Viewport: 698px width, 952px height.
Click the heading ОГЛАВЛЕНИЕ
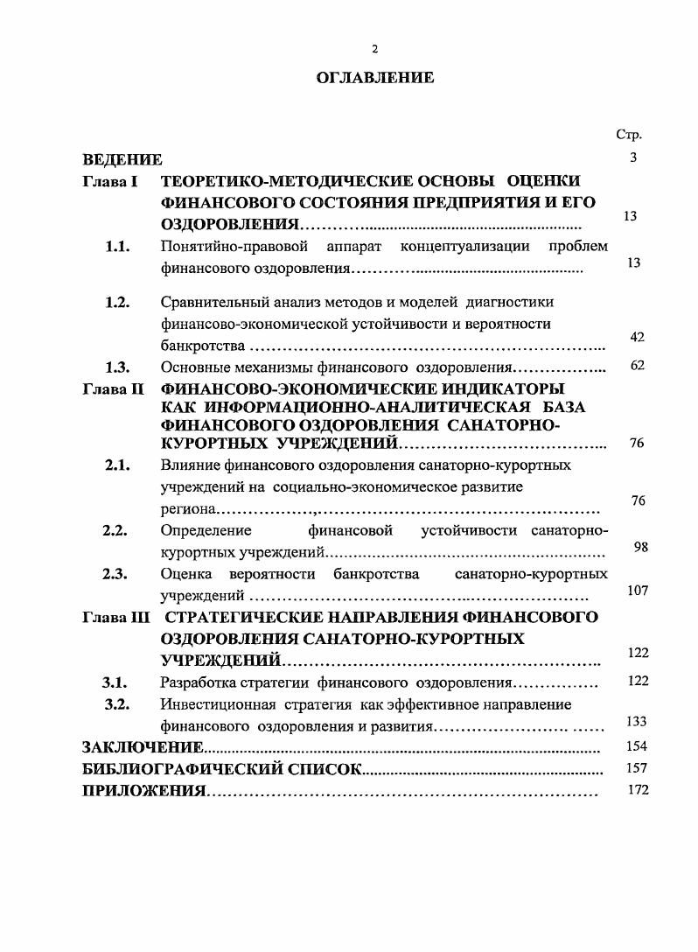pyautogui.click(x=374, y=78)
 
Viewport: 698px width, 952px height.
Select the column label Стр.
pyautogui.click(x=629, y=135)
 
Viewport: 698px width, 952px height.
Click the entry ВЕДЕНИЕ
pyautogui.click(x=122, y=159)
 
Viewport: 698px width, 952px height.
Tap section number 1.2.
pyautogui.click(x=116, y=303)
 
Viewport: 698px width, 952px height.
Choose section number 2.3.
pyautogui.click(x=116, y=574)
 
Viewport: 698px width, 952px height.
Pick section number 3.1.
pyautogui.click(x=116, y=682)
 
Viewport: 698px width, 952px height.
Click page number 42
pyautogui.click(x=637, y=337)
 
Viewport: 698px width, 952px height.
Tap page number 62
pyautogui.click(x=637, y=365)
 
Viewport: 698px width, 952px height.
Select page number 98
pyautogui.click(x=639, y=547)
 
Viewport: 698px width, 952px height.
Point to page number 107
pyautogui.click(x=638, y=591)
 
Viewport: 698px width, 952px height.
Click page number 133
pyautogui.click(x=637, y=721)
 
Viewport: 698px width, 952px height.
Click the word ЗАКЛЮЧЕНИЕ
pyautogui.click(x=143, y=748)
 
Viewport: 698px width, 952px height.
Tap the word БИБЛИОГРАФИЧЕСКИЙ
pyautogui.click(x=183, y=770)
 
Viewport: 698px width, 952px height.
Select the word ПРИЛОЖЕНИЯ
pyautogui.click(x=143, y=792)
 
